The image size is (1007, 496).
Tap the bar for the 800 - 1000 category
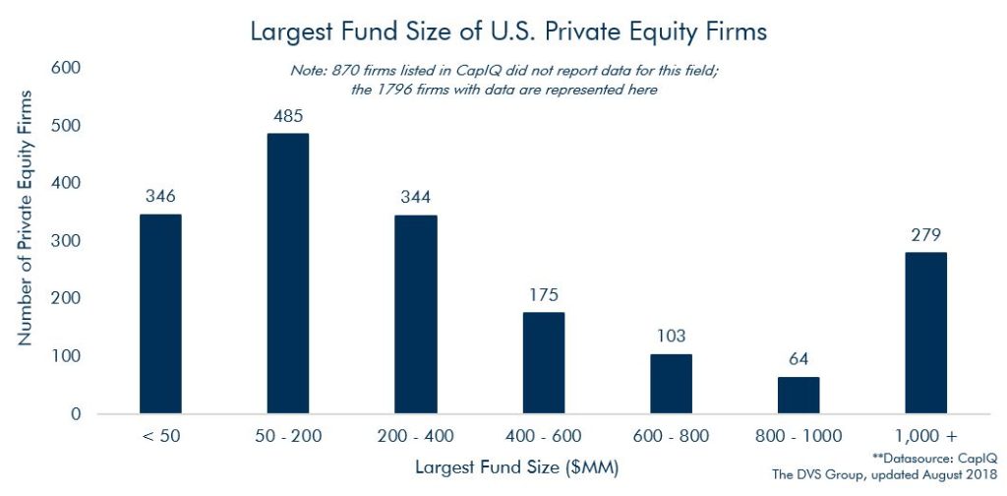799,395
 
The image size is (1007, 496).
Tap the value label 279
925,236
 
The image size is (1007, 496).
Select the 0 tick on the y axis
75,414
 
